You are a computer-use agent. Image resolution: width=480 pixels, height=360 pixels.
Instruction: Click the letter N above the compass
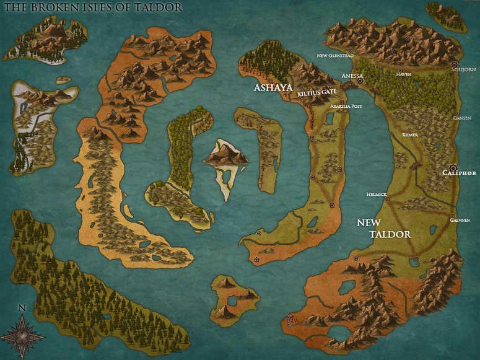point(22,308)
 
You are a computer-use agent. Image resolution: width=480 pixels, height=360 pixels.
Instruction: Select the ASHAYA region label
point(273,88)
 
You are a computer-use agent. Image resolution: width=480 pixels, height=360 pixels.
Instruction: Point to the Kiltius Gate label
point(316,92)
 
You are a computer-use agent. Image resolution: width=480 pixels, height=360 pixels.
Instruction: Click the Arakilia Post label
point(346,106)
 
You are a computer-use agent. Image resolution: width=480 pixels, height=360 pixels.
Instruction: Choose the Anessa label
point(352,76)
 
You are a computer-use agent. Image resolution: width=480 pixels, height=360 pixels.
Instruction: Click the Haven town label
point(403,74)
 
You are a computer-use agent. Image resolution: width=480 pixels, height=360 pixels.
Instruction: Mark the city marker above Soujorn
point(455,64)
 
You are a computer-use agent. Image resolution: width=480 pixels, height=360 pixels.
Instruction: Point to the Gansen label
point(461,118)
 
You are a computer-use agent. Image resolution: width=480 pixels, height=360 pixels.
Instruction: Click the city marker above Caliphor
point(453,165)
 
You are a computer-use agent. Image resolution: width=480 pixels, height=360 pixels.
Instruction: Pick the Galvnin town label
point(460,219)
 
